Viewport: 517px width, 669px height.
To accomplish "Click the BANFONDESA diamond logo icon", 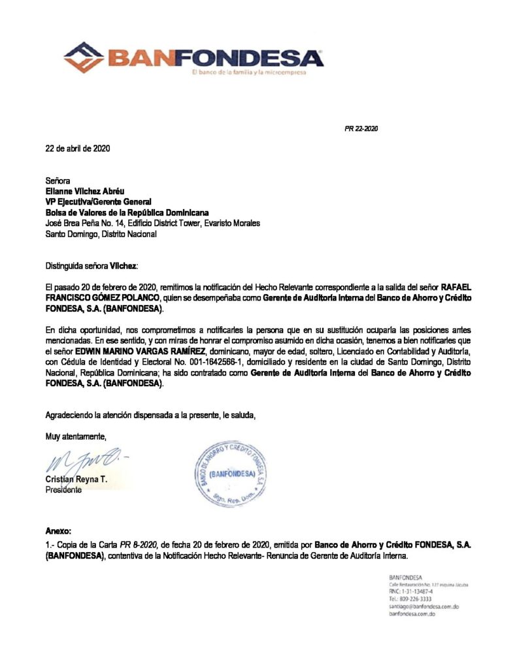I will (x=84, y=57).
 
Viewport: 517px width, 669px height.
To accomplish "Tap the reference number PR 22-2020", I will (x=361, y=128).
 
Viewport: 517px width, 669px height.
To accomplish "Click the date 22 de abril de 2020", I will (x=78, y=148).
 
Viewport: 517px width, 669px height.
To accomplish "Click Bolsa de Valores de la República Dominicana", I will (x=127, y=212).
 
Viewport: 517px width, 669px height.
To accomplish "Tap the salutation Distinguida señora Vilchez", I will (x=92, y=266).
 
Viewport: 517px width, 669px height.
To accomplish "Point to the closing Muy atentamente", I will (x=76, y=436).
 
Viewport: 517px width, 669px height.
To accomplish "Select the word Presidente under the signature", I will (x=63, y=490).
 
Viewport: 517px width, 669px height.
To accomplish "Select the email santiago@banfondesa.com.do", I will (x=423, y=606).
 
